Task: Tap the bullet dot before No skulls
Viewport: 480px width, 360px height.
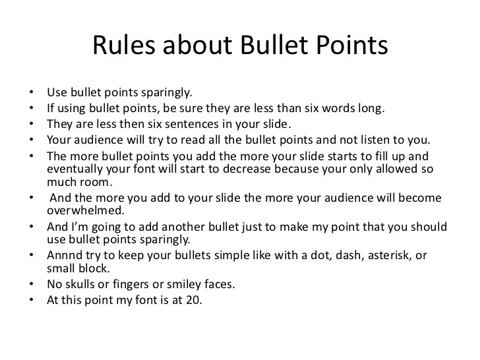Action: pos(32,285)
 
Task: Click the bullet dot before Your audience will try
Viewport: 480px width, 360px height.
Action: pos(32,140)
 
